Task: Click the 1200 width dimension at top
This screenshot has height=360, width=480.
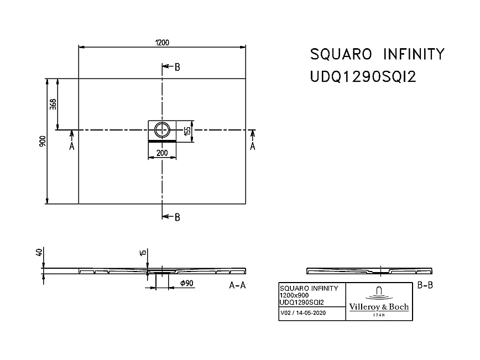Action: click(162, 42)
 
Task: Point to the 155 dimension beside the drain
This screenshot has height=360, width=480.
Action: click(187, 131)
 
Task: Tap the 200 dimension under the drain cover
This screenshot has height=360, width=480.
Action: click(162, 153)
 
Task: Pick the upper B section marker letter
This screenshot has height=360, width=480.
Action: click(177, 67)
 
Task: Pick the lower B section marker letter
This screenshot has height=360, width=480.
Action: click(177, 217)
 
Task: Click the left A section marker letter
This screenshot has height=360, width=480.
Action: click(71, 146)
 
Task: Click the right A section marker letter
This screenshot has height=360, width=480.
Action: click(253, 146)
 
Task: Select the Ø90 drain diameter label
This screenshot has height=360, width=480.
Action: click(186, 284)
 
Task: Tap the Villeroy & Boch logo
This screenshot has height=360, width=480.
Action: click(379, 302)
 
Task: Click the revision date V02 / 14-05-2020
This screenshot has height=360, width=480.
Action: click(303, 313)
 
